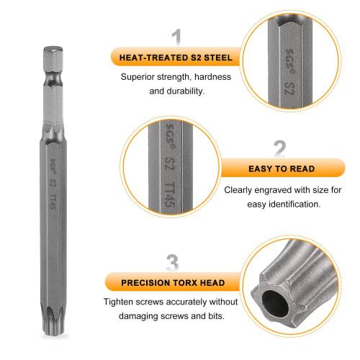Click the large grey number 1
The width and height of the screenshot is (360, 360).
(x=176, y=37)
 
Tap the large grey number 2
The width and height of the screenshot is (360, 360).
(x=279, y=149)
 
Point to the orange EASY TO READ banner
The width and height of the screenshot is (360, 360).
(x=281, y=169)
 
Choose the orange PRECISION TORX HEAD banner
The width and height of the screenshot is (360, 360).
(x=173, y=282)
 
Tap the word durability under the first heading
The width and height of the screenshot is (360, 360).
(x=188, y=91)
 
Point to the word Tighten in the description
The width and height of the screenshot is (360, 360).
(x=121, y=302)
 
